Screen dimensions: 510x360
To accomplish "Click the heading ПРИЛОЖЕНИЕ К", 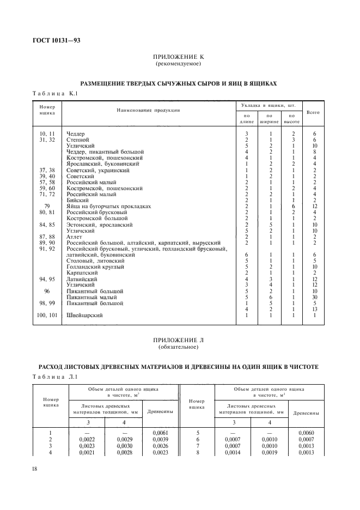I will pyautogui.click(x=179, y=57).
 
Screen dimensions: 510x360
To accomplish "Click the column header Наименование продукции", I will pyautogui.click(x=148, y=110).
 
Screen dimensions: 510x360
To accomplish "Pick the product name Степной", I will pyautogui.click(x=77, y=140).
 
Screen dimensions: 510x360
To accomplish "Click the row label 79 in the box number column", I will pyautogui.click(x=47, y=206).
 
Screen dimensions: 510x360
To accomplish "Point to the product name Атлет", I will pyautogui.click(x=75, y=236).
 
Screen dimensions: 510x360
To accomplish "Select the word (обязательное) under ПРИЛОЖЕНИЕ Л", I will pyautogui.click(x=179, y=347).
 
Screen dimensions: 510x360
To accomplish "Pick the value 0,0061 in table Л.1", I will pyautogui.click(x=160, y=433).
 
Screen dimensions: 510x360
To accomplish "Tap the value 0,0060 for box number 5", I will pyautogui.click(x=306, y=433).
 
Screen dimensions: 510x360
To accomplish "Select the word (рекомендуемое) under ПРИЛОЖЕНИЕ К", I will pyautogui.click(x=179, y=64).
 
